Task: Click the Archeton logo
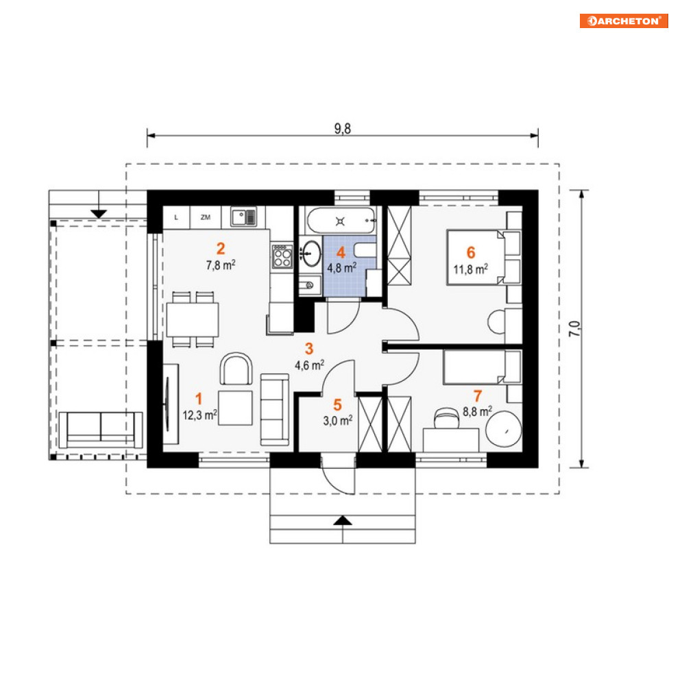pyautogui.click(x=624, y=21)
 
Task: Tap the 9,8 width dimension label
pyautogui.click(x=342, y=129)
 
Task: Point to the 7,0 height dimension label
pyautogui.click(x=574, y=329)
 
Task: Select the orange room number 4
pyautogui.click(x=341, y=253)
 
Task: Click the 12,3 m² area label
pyautogui.click(x=199, y=415)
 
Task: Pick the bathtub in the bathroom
pyautogui.click(x=341, y=221)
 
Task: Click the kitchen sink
pyautogui.click(x=243, y=217)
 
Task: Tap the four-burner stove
pyautogui.click(x=282, y=256)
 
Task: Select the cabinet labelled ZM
pyautogui.click(x=206, y=217)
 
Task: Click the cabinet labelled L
pyautogui.click(x=176, y=217)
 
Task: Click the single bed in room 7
pyautogui.click(x=482, y=367)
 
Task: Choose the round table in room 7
pyautogui.click(x=504, y=429)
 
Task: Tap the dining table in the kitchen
pyautogui.click(x=192, y=319)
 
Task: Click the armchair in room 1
pyautogui.click(x=236, y=369)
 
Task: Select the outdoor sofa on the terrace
pyautogui.click(x=101, y=430)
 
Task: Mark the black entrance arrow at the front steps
pyautogui.click(x=343, y=520)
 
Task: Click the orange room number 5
pyautogui.click(x=337, y=405)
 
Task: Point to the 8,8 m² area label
pyautogui.click(x=477, y=411)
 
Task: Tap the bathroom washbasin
pyautogui.click(x=311, y=253)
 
